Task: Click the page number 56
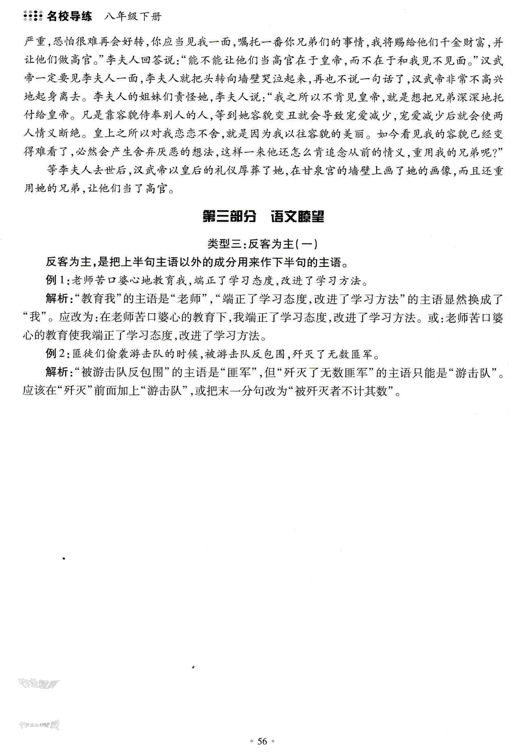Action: point(262,741)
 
